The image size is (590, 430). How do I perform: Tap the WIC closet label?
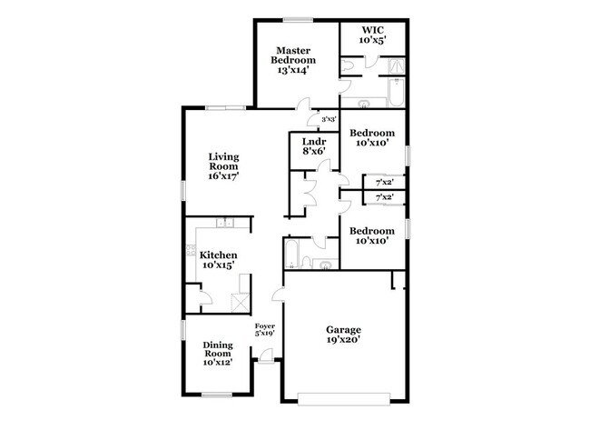tap(372, 30)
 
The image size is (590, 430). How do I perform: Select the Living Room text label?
tap(223, 162)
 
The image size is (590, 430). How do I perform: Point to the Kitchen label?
tap(219, 255)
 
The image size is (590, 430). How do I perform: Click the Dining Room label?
tap(218, 348)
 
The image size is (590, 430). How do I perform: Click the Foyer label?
tap(264, 325)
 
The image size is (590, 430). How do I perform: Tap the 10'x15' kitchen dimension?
tap(219, 266)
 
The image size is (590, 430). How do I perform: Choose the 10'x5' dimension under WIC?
tap(372, 41)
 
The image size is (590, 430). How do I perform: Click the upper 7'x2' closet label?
tap(384, 182)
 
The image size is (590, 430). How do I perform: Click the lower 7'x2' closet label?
tap(384, 197)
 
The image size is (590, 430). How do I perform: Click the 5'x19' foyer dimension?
tap(264, 334)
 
